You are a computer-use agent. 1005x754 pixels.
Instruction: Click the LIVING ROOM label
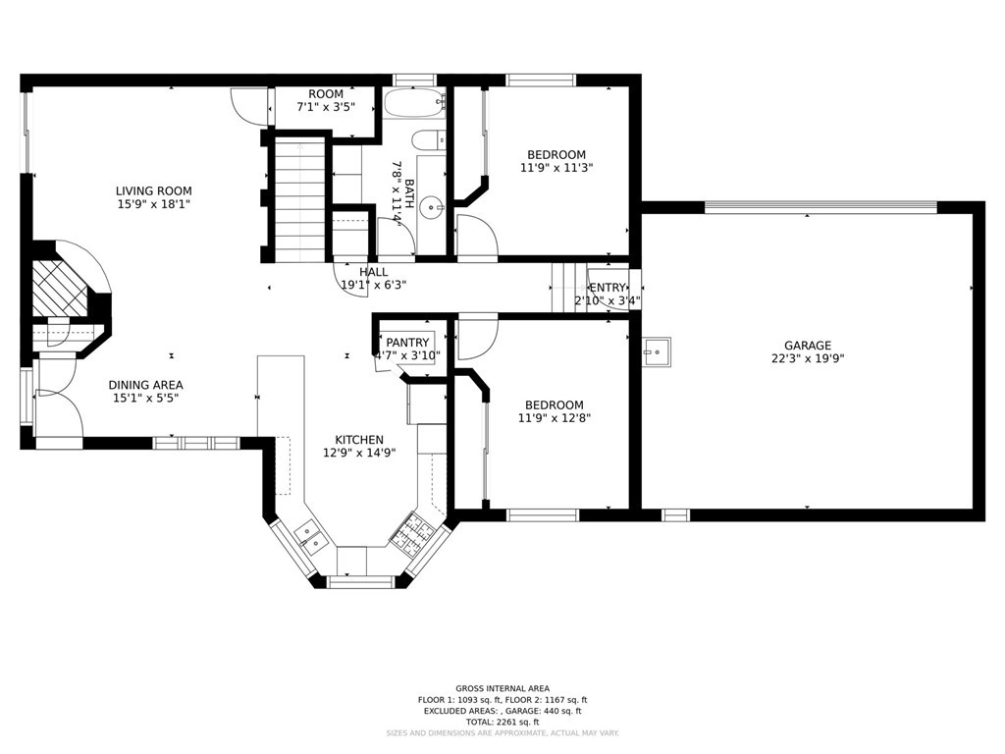[153, 191]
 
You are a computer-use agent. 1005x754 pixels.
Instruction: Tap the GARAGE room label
[808, 346]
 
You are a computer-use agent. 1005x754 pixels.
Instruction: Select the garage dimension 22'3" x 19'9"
[808, 359]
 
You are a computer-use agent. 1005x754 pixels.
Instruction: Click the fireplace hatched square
[56, 287]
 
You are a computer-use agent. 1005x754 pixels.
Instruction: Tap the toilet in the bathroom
[429, 141]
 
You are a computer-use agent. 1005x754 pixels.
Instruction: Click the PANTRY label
[407, 342]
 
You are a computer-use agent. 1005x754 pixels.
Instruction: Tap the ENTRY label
[608, 288]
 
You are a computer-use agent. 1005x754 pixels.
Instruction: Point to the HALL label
[373, 272]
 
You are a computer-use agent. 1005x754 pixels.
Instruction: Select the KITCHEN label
[359, 440]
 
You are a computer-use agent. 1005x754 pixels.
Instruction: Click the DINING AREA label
[145, 385]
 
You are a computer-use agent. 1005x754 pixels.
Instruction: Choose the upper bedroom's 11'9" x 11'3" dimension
[556, 168]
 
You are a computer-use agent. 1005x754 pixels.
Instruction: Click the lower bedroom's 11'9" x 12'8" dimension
[555, 418]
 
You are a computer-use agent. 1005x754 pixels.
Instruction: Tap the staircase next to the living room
[298, 201]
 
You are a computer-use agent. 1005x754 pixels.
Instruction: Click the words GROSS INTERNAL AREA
[502, 688]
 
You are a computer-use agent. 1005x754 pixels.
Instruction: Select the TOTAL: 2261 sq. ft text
[502, 722]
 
